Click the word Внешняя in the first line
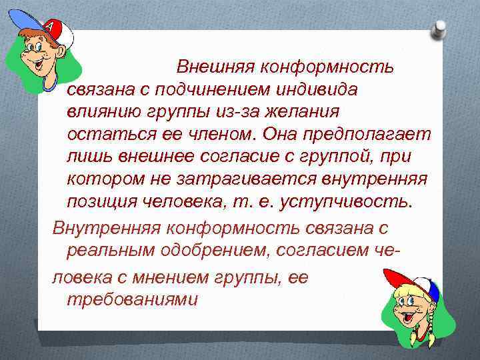[215, 67]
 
